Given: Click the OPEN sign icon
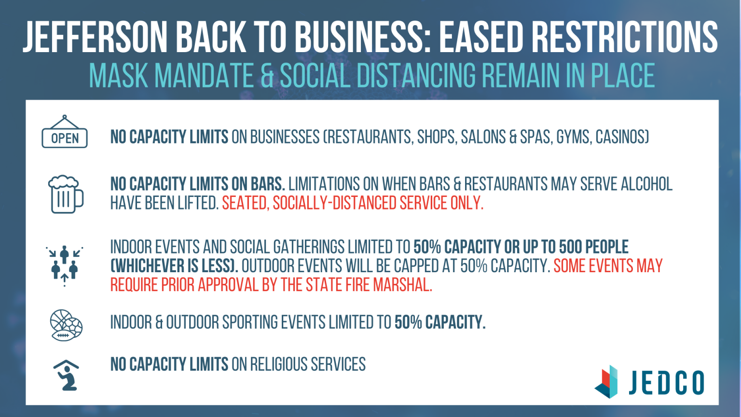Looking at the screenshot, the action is tap(65, 132).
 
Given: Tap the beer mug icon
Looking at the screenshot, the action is tap(66, 195).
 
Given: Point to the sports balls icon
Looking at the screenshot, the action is tap(66, 325).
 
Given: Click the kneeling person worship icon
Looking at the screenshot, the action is tap(66, 375).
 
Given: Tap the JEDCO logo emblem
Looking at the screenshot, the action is tap(606, 382).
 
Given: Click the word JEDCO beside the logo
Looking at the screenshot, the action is tap(667, 383).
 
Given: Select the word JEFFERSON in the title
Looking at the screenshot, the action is tap(95, 37).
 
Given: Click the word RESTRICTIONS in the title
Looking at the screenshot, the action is tap(625, 37).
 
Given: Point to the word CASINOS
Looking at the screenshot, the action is tap(622, 137).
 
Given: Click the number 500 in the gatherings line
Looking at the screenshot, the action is tap(570, 247).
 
